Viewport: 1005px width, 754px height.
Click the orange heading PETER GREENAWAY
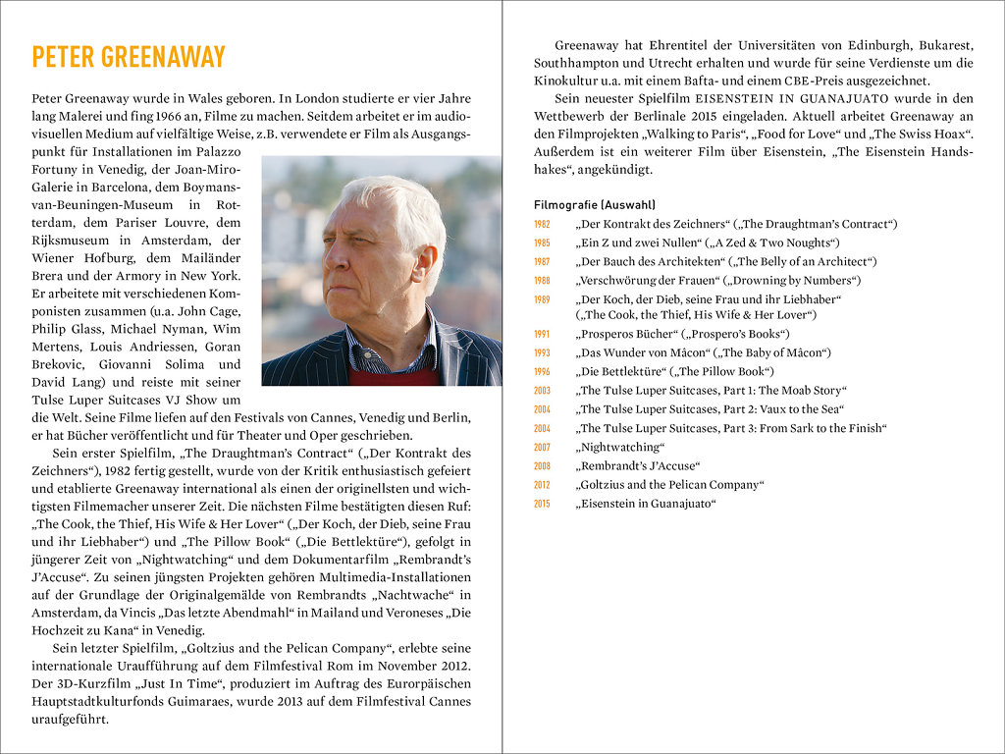click(x=129, y=57)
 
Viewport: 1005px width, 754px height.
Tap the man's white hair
click(x=393, y=211)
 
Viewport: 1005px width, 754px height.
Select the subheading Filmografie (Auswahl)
click(x=594, y=205)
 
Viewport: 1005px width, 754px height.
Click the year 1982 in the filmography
click(x=542, y=225)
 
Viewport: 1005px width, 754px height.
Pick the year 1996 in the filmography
click(x=542, y=372)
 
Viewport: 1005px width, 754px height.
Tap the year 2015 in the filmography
click(x=542, y=504)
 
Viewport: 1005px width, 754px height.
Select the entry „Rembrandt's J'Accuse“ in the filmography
click(x=639, y=465)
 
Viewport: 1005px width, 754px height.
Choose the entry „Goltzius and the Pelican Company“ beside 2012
click(x=670, y=484)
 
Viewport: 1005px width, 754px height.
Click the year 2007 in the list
click(x=542, y=448)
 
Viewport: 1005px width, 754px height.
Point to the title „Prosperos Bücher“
click(x=624, y=334)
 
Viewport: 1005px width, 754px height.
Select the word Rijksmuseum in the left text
click(x=74, y=240)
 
